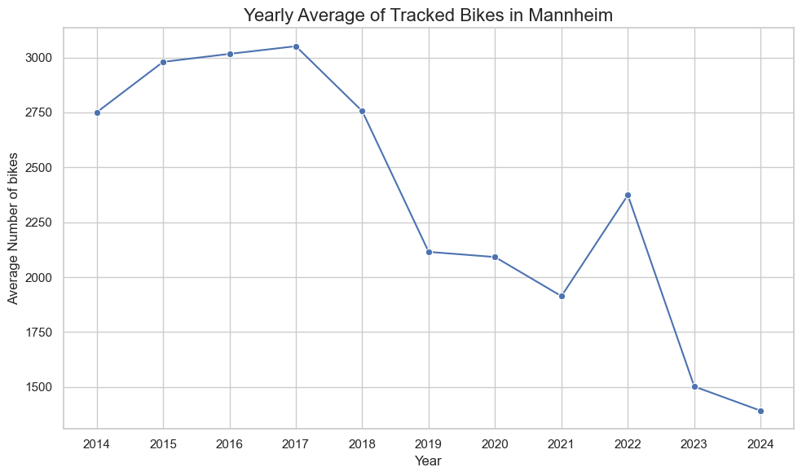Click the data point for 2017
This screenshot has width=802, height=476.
[x=296, y=46]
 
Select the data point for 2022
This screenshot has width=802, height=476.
[x=628, y=195]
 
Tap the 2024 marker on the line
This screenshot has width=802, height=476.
[x=760, y=411]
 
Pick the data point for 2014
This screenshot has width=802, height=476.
[x=97, y=112]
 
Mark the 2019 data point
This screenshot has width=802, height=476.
[x=429, y=252]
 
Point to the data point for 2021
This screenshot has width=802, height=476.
[x=562, y=296]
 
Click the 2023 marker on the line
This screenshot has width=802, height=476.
[x=694, y=386]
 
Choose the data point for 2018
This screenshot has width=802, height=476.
[x=363, y=111]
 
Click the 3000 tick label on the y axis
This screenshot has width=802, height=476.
[x=39, y=58]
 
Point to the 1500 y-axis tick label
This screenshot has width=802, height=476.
[x=39, y=387]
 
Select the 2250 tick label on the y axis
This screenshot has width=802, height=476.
[x=39, y=223]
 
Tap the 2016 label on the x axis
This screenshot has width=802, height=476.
[x=230, y=445]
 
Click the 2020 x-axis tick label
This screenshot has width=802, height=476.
[x=496, y=445]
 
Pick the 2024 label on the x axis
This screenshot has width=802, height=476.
[x=760, y=445]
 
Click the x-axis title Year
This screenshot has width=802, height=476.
[x=429, y=462]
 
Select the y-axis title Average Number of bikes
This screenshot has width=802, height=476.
[x=14, y=227]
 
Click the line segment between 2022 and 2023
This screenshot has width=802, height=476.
[x=661, y=291]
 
